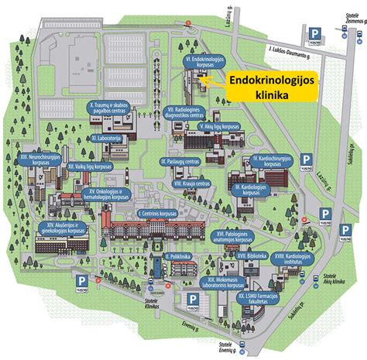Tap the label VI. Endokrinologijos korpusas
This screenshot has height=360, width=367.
(x=203, y=62)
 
